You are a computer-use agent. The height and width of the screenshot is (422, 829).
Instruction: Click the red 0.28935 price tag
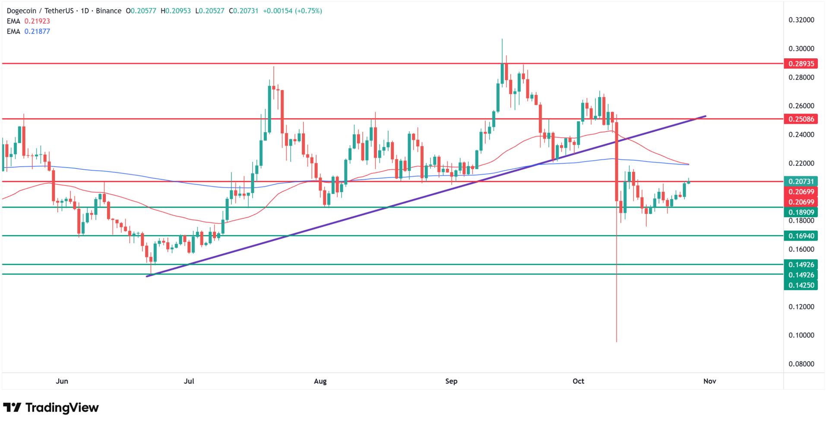click(x=801, y=64)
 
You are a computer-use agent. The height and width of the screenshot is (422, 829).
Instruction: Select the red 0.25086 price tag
click(x=801, y=119)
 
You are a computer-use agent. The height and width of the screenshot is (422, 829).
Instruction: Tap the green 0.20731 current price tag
click(x=801, y=181)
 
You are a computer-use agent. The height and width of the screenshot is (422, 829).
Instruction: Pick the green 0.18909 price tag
click(x=801, y=212)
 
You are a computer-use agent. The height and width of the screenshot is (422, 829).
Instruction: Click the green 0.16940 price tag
click(x=801, y=236)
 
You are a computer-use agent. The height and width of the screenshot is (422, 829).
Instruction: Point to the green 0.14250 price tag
click(x=801, y=285)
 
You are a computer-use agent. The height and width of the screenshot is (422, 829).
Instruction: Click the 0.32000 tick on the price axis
click(x=801, y=20)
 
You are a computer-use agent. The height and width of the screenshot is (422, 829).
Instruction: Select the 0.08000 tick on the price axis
click(x=801, y=364)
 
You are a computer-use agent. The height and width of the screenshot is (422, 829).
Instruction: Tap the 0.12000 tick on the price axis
click(x=801, y=307)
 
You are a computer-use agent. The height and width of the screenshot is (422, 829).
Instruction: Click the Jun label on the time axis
click(x=62, y=381)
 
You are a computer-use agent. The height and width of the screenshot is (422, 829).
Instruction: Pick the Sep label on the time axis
click(x=451, y=381)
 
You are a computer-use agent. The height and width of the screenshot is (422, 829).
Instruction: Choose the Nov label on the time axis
click(x=710, y=381)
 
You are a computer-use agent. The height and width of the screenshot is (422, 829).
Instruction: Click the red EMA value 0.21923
click(x=37, y=21)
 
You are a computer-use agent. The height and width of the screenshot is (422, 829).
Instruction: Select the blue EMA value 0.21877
click(x=37, y=31)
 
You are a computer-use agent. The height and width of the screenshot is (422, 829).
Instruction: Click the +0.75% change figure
click(x=308, y=11)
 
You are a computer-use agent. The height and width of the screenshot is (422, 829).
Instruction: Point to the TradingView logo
click(x=51, y=407)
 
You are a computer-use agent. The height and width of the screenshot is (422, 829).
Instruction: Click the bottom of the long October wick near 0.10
click(x=617, y=342)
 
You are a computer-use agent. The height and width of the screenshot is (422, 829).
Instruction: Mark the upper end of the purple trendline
click(x=706, y=116)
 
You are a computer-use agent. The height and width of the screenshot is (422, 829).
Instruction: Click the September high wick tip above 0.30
click(x=502, y=39)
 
